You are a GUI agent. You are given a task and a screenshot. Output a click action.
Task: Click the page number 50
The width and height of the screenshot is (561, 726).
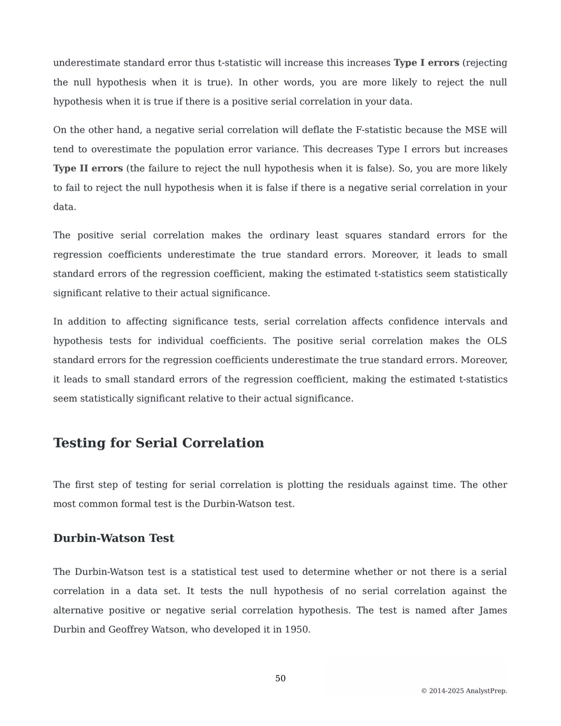click(x=280, y=678)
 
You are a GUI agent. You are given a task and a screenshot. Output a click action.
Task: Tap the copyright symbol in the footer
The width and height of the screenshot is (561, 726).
click(x=424, y=691)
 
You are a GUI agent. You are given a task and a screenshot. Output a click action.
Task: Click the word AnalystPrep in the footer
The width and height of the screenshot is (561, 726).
click(x=487, y=691)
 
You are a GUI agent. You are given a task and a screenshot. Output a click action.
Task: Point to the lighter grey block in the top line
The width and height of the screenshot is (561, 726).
click(x=425, y=64)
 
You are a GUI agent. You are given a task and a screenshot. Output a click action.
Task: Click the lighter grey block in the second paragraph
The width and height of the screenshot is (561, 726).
click(x=87, y=168)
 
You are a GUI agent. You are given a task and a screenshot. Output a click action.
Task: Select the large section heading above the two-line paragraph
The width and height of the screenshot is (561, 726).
click(x=159, y=443)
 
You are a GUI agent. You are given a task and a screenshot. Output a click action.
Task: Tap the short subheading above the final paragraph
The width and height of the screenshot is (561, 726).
click(x=114, y=538)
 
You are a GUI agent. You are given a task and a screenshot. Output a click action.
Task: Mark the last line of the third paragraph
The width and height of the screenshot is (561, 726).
click(x=163, y=294)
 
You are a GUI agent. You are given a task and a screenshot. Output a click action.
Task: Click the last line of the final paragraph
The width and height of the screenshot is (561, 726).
click(x=183, y=630)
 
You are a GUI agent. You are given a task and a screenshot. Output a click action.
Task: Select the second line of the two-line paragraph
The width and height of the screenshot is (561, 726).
click(x=173, y=505)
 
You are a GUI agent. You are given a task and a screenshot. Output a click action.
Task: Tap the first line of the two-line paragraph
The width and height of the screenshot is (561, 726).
click(x=280, y=484)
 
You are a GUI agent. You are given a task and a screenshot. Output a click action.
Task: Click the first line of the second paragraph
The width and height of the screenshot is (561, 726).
click(x=280, y=130)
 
